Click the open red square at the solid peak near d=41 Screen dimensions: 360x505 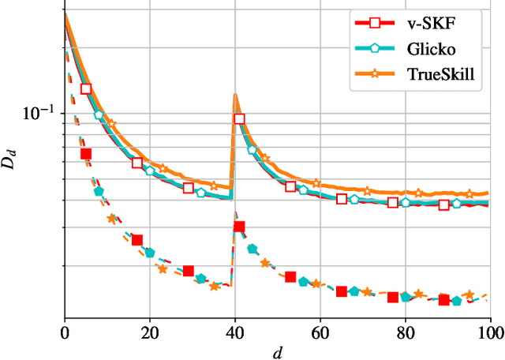[239, 119]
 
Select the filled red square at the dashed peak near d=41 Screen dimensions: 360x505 [239, 227]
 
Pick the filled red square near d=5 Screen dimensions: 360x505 [86, 154]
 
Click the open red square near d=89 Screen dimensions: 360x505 [444, 205]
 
